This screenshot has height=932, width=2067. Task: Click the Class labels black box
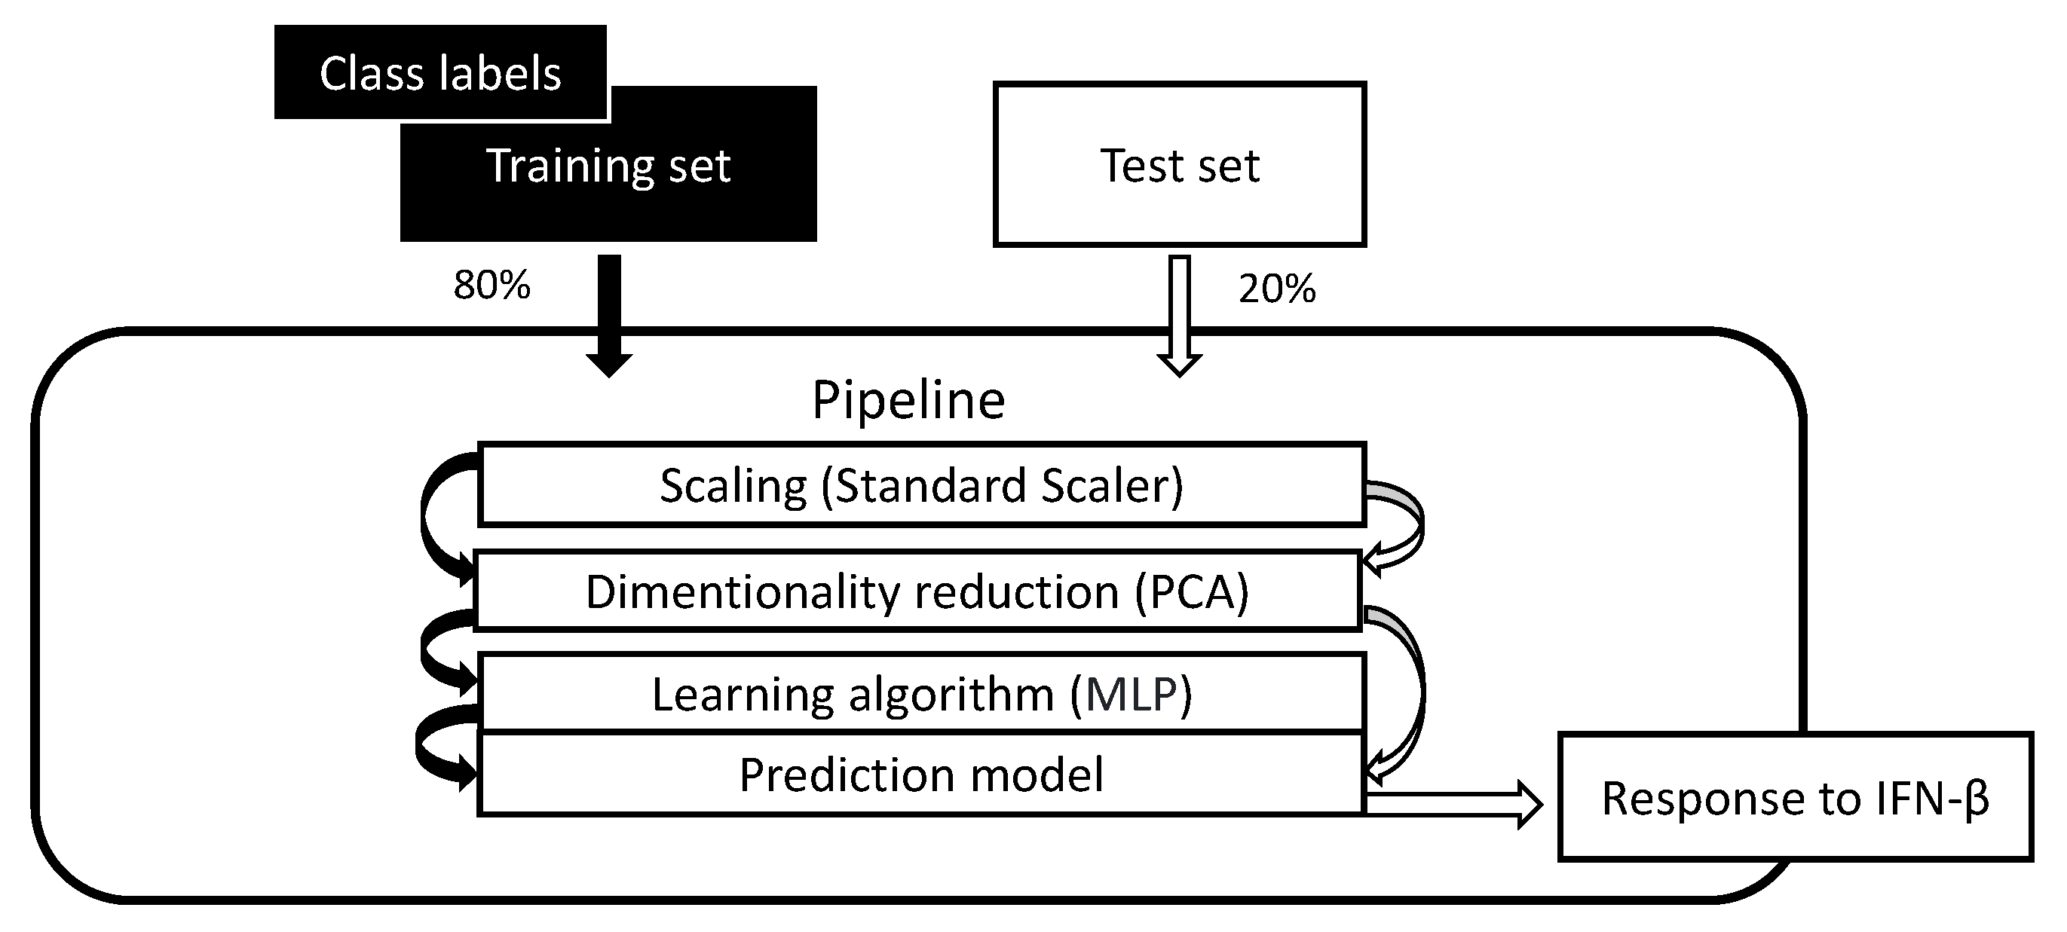439,72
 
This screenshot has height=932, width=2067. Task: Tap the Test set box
1179,164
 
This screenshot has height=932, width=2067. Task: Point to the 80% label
491,285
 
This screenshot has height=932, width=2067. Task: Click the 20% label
1277,288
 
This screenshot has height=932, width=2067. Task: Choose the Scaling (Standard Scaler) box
921,484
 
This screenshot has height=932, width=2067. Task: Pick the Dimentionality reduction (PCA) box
917,591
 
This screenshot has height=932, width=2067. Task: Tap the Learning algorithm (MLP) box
921,693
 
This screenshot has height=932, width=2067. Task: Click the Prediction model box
921,774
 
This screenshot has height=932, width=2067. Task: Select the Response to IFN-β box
1795,797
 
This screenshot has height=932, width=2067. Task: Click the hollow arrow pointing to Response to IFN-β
1453,805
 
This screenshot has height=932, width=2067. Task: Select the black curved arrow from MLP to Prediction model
424,746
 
